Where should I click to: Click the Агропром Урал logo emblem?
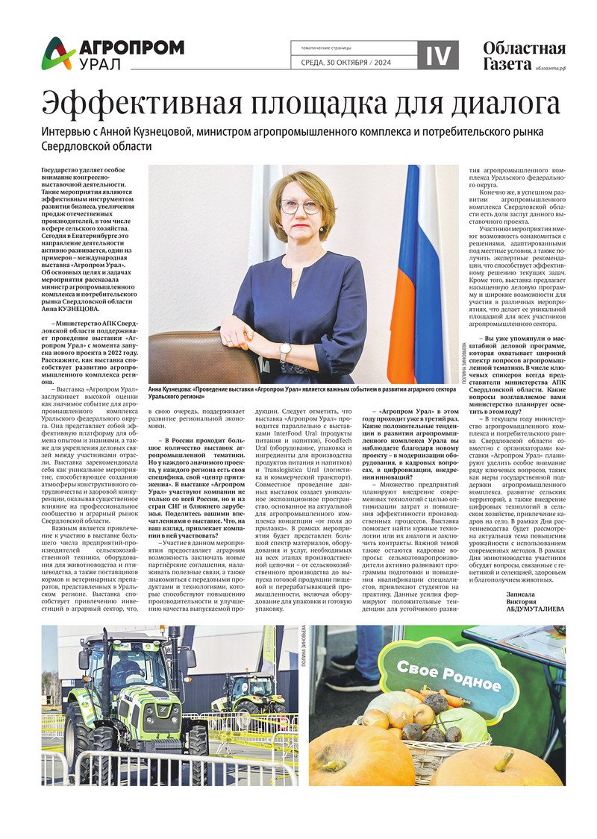pos(57,53)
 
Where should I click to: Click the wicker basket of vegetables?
pos(425,738)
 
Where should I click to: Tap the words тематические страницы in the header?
pos(322,47)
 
